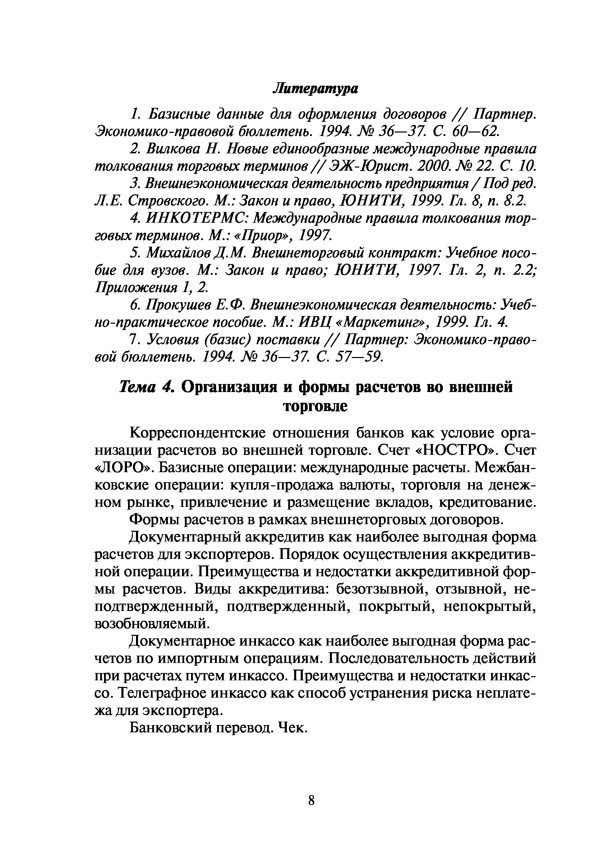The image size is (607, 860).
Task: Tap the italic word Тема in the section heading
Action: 137,387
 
